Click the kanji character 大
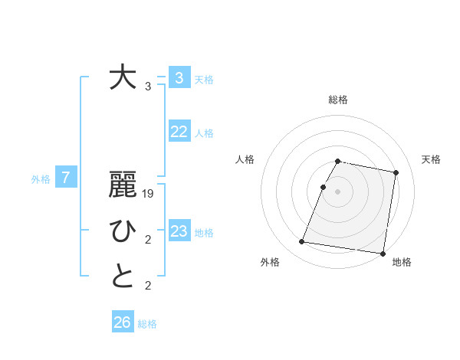[x=123, y=78]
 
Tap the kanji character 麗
[x=123, y=186]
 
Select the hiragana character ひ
[x=123, y=231]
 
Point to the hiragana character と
[x=123, y=277]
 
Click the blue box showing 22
[x=179, y=132]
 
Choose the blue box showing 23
[x=179, y=231]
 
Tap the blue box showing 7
[x=66, y=178]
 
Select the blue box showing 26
[x=123, y=322]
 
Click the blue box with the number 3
[x=179, y=77]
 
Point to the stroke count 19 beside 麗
[x=148, y=195]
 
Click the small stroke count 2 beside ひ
[x=148, y=241]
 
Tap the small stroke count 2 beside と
[x=148, y=286]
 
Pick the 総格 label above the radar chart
[x=338, y=100]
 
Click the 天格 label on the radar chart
[x=432, y=159]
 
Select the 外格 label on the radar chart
[x=270, y=262]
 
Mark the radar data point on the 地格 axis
[x=383, y=253]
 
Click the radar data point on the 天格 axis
[x=396, y=172]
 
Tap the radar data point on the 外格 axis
[x=302, y=242]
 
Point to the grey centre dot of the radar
[x=338, y=191]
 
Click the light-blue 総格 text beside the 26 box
[x=147, y=324]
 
